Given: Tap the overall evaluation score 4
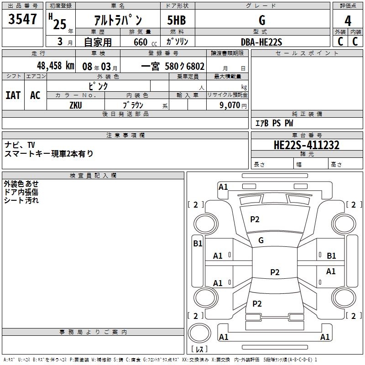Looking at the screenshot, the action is click(x=348, y=21).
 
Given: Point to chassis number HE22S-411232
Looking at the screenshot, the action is click(x=306, y=146).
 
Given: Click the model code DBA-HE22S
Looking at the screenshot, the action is click(x=261, y=42).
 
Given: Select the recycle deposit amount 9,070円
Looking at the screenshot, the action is click(x=232, y=105).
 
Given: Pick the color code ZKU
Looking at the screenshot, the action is click(x=76, y=105).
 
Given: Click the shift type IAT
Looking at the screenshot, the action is click(x=13, y=95).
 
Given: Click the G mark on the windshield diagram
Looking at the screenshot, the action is click(x=261, y=240).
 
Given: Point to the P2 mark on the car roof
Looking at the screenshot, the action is click(x=275, y=272).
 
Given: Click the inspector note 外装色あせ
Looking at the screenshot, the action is click(x=21, y=183).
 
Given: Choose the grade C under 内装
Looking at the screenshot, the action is click(x=355, y=42).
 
